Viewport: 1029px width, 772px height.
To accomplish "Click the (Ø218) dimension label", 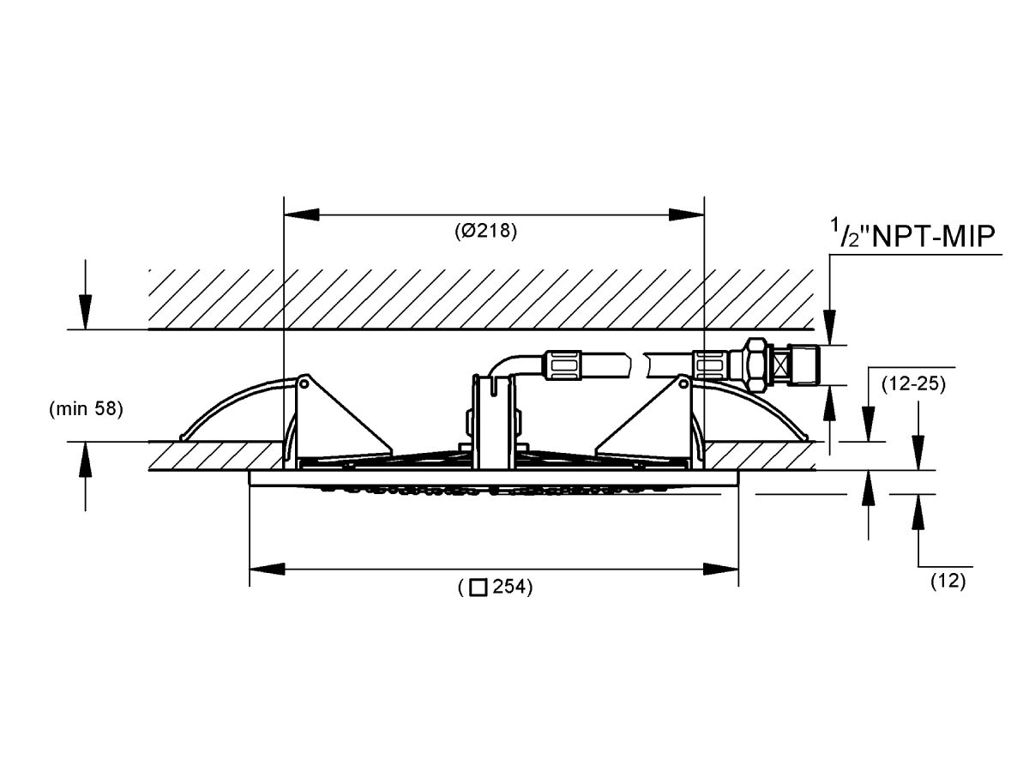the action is [485, 231].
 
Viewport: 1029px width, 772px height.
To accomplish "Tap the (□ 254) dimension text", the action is [495, 587].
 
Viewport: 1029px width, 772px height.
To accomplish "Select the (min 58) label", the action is [87, 409].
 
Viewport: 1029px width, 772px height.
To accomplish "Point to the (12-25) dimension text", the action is [914, 384].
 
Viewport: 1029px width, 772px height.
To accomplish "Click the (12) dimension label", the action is [948, 582].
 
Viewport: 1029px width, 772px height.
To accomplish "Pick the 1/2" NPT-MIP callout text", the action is [912, 233].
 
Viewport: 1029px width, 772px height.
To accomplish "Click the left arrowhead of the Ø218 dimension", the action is [302, 215].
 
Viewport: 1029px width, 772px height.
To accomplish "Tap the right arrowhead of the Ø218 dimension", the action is [686, 215].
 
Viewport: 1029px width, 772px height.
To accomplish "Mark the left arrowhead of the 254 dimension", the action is [267, 570].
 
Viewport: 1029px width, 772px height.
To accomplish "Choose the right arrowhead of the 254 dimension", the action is [721, 570].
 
